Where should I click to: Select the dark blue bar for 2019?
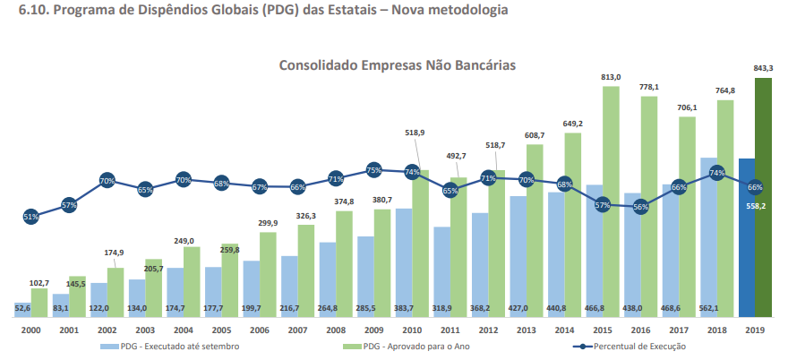click(747, 237)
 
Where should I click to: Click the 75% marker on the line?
click(374, 170)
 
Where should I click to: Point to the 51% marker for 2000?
click(31, 217)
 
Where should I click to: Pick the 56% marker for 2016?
click(641, 207)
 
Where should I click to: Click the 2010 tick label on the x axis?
click(412, 330)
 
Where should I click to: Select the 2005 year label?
click(221, 330)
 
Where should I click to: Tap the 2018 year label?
click(717, 330)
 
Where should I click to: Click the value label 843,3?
click(764, 68)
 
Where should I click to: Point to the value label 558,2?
click(755, 205)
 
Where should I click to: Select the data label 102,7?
click(40, 283)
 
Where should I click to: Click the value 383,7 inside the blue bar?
click(404, 308)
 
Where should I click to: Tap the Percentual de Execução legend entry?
click(630, 347)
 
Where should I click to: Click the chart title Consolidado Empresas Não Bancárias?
click(397, 65)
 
